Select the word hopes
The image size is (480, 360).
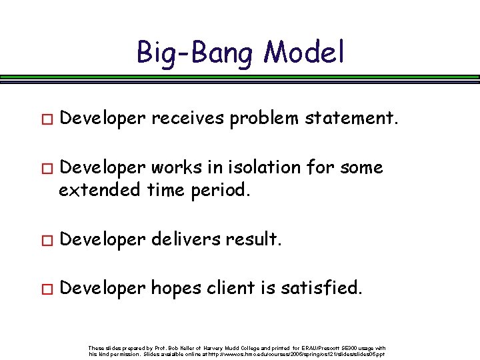pyautogui.click(x=175, y=289)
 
